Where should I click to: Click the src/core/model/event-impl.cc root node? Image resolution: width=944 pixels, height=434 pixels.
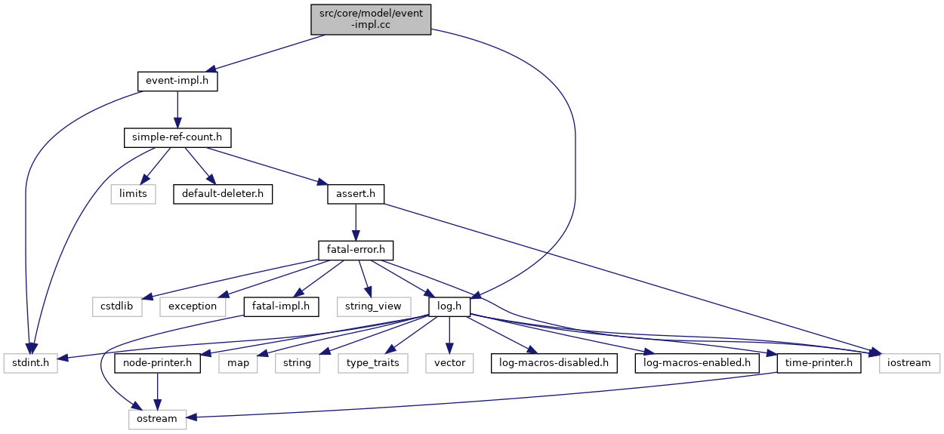371,19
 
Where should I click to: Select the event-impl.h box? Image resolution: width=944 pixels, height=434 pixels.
177,81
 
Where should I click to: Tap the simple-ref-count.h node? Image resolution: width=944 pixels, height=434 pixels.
177,137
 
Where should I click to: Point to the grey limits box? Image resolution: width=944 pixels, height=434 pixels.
133,194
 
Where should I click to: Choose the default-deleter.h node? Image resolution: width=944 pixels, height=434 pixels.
222,194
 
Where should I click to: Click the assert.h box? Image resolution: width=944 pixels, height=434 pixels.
355,194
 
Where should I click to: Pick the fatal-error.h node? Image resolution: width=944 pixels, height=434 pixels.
355,250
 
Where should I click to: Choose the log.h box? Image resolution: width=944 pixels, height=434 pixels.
449,306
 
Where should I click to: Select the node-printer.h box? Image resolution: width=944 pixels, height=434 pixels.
158,362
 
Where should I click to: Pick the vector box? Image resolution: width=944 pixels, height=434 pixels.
449,362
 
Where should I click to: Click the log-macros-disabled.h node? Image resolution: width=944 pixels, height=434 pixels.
554,362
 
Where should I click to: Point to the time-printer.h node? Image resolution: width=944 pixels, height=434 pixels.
819,362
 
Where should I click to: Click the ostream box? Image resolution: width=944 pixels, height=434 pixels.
158,418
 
